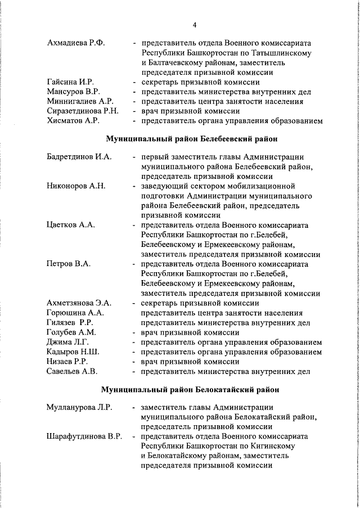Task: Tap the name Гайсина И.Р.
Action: click(x=70, y=82)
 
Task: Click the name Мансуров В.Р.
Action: click(x=74, y=92)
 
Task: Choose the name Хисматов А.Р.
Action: click(x=73, y=121)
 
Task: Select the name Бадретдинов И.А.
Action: click(x=79, y=156)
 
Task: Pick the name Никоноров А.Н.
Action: click(x=76, y=186)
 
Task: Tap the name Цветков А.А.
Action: click(x=70, y=225)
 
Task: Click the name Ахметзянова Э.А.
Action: click(x=79, y=303)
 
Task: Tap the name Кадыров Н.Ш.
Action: click(x=73, y=352)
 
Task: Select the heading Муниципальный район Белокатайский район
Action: click(x=189, y=389)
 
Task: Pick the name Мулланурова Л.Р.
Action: click(x=78, y=407)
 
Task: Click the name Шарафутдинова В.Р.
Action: click(x=84, y=436)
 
